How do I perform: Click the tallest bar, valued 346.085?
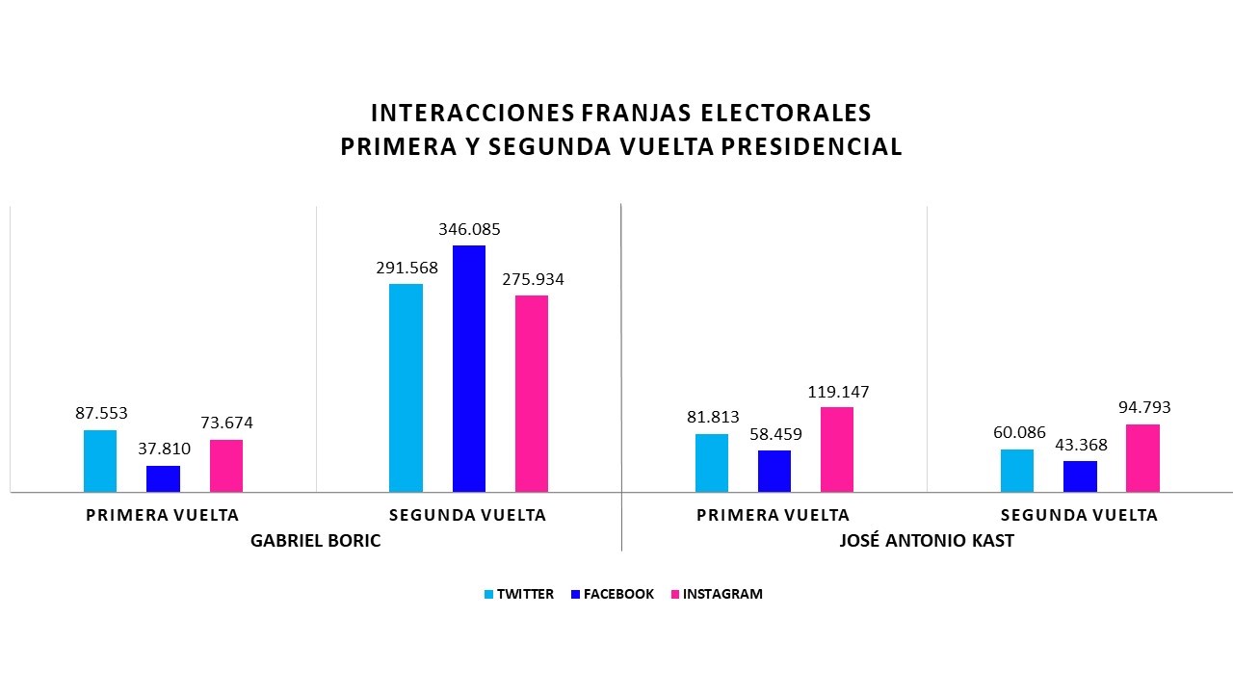click(469, 369)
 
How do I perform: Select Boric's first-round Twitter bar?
click(100, 461)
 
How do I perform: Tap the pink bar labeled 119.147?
click(837, 449)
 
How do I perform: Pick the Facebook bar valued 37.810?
click(163, 478)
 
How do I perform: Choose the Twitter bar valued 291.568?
click(406, 388)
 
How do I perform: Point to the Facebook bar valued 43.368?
click(1080, 476)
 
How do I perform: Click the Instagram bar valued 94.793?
click(1142, 458)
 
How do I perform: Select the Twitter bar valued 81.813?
click(712, 463)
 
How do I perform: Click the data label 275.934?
click(532, 280)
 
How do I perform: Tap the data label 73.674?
click(225, 423)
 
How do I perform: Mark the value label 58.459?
click(774, 434)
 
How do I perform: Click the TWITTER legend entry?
click(519, 594)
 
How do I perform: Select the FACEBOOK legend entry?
click(613, 594)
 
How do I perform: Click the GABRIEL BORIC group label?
click(315, 541)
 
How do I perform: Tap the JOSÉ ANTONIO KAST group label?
click(927, 541)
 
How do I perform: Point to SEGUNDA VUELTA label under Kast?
click(1079, 515)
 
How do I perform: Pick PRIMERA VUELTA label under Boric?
click(162, 515)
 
